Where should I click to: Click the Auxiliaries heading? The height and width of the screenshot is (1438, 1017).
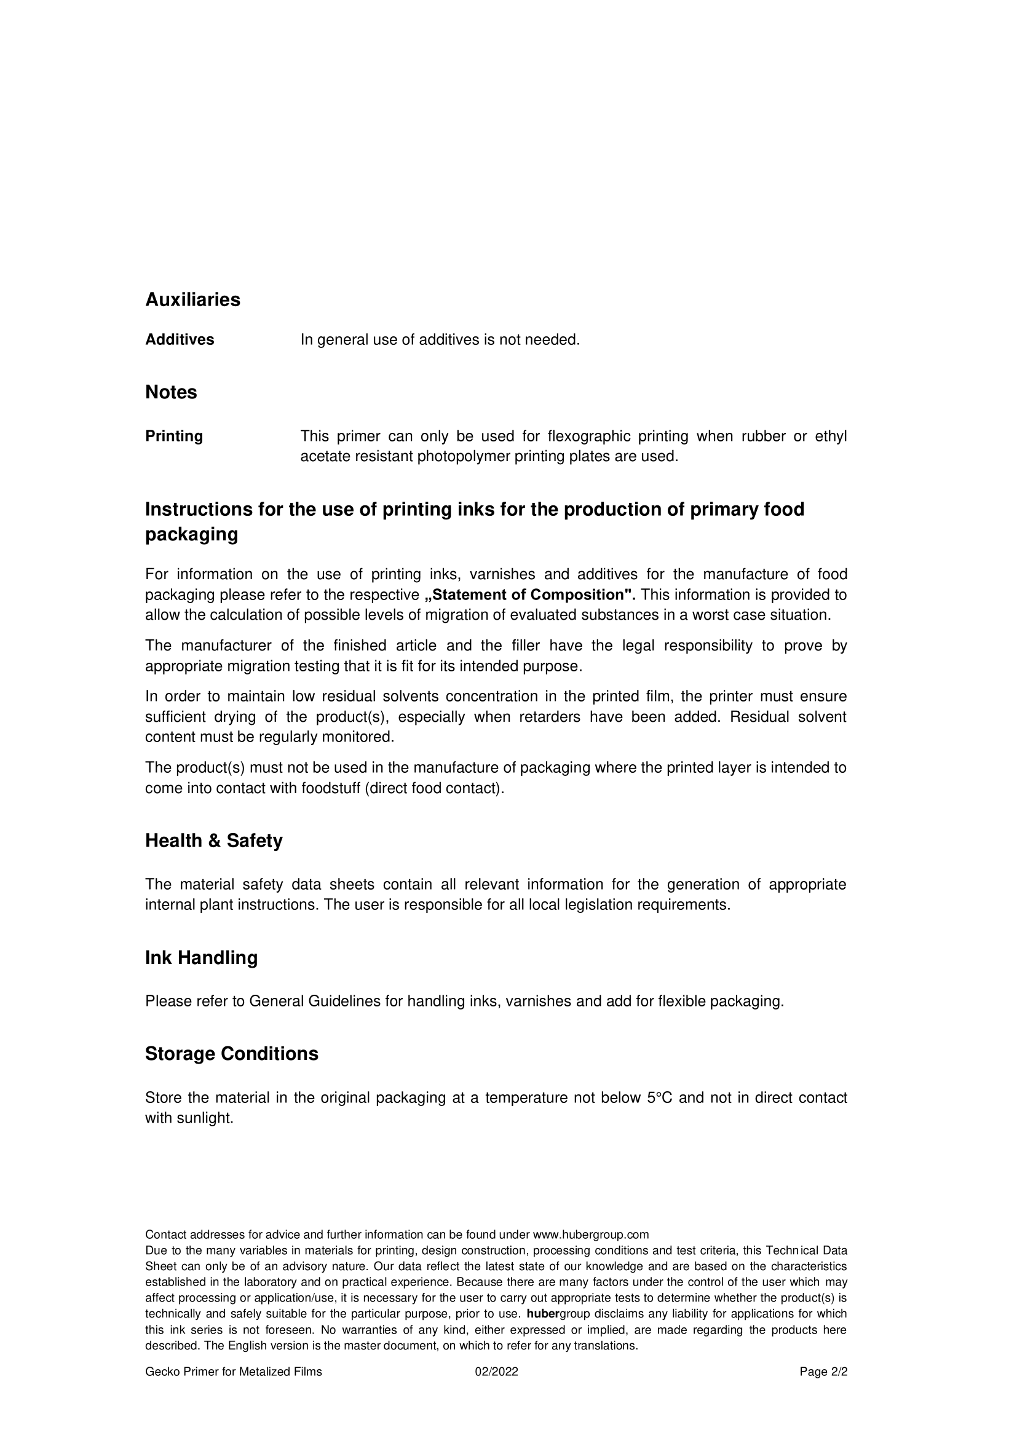(x=192, y=300)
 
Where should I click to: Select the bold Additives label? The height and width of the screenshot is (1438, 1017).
(x=180, y=339)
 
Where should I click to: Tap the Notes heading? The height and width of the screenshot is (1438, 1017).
(x=171, y=392)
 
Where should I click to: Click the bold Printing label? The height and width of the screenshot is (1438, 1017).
(x=174, y=436)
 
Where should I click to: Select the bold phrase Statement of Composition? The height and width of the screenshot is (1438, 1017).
(x=530, y=595)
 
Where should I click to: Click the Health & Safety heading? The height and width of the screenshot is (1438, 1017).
(x=213, y=840)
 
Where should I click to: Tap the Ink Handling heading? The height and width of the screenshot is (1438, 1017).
(x=201, y=958)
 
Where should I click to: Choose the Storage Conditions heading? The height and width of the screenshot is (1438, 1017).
(x=232, y=1054)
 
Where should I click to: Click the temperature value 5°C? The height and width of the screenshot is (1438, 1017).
(x=659, y=1097)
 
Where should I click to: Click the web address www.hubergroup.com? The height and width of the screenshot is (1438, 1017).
(x=590, y=1232)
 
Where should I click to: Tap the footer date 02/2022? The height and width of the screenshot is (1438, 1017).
(x=496, y=1372)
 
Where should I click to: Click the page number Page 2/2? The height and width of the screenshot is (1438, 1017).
(x=823, y=1372)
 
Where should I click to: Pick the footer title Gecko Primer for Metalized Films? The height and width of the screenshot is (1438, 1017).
(x=234, y=1372)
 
